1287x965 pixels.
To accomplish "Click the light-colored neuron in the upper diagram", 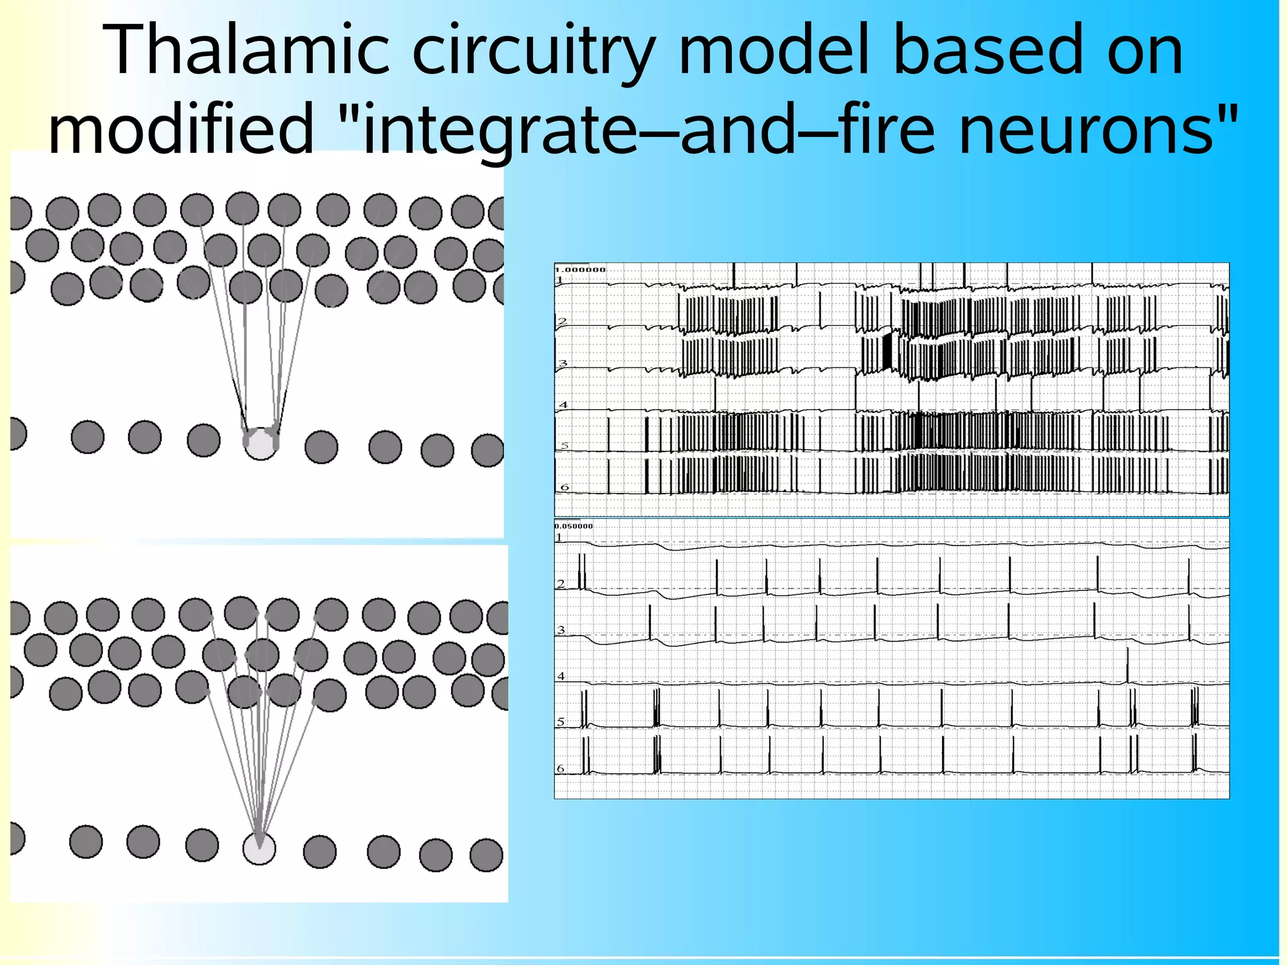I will point(260,443).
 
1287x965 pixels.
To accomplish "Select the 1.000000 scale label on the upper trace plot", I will point(579,270).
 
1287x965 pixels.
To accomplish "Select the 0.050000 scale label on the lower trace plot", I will point(573,526).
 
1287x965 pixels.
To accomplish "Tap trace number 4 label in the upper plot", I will point(563,405).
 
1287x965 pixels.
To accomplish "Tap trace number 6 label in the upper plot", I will point(564,487).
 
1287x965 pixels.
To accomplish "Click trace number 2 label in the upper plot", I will point(562,321).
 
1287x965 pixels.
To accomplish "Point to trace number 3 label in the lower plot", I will point(561,630).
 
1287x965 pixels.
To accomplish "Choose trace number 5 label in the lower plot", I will point(561,722).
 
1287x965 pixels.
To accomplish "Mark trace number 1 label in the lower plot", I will point(559,538).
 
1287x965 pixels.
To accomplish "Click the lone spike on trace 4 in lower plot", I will point(1127,663).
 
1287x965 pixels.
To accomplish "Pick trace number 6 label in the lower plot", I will point(561,768).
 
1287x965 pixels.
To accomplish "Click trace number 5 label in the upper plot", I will point(564,446).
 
